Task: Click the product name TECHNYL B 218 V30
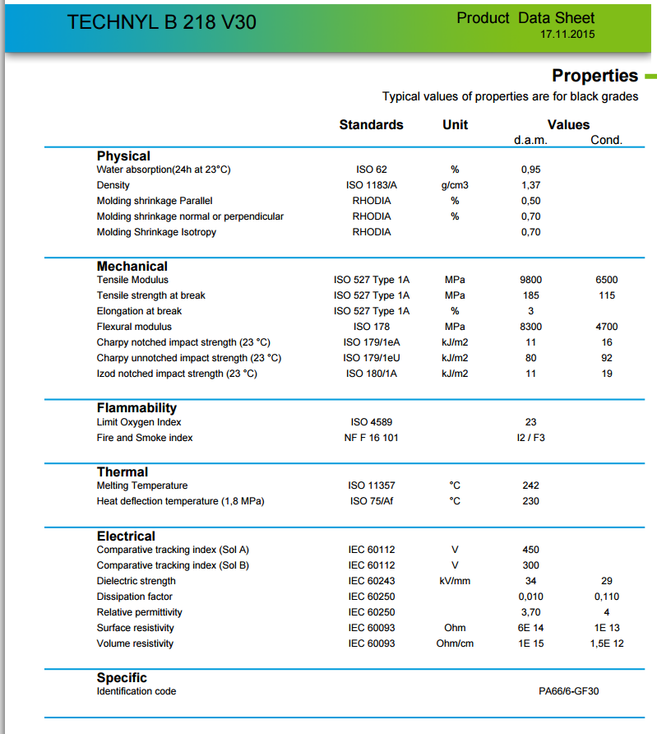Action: coord(161,22)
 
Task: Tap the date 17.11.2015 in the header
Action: coord(567,35)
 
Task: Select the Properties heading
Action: coord(595,76)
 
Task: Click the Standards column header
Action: coord(371,125)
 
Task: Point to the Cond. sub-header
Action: coord(606,140)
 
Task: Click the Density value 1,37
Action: coord(530,185)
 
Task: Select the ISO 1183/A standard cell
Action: coord(371,185)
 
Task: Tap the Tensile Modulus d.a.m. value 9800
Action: coord(530,280)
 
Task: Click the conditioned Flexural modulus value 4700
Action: coord(606,327)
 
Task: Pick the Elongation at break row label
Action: coord(139,311)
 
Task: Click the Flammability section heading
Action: coord(136,408)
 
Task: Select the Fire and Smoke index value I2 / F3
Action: coord(530,438)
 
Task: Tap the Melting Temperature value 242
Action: coord(530,485)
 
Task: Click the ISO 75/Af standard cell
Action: coord(371,501)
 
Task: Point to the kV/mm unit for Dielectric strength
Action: coord(455,581)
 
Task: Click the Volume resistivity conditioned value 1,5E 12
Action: coord(606,643)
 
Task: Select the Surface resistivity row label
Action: coord(135,628)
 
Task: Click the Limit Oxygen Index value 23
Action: coord(530,422)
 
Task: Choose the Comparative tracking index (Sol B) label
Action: coord(173,565)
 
